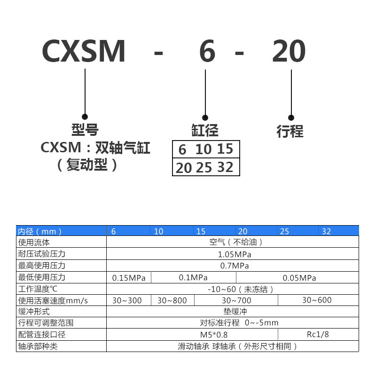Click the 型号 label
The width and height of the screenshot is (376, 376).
(x=85, y=130)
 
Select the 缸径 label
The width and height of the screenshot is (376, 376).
(x=205, y=130)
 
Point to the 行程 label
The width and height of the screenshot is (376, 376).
(x=290, y=131)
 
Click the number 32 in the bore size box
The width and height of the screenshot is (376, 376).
(x=225, y=167)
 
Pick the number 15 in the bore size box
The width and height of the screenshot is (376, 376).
(x=225, y=149)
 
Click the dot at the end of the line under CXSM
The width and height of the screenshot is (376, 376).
(x=85, y=116)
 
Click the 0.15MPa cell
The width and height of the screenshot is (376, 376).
(x=129, y=278)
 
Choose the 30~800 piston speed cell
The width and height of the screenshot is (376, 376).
(x=172, y=300)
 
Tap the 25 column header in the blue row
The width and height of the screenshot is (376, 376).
(x=284, y=231)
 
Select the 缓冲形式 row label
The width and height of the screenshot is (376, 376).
(x=34, y=312)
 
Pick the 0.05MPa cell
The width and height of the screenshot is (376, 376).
(x=300, y=278)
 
